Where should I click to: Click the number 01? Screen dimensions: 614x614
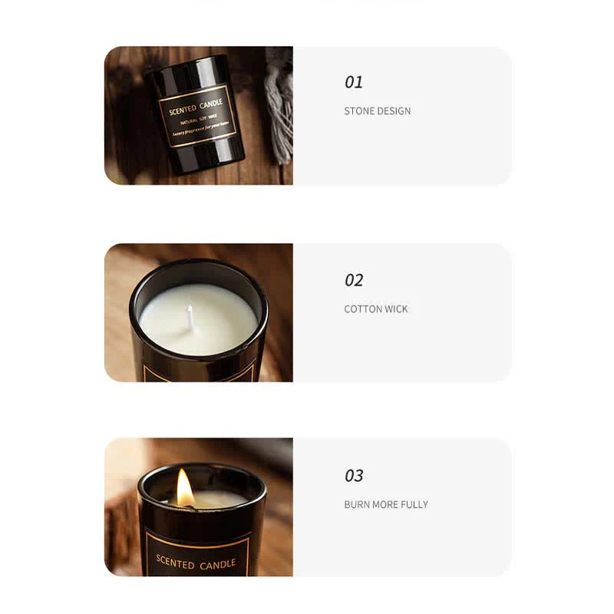(x=354, y=82)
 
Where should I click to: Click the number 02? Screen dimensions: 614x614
(x=354, y=280)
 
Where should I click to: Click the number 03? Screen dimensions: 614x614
(x=354, y=476)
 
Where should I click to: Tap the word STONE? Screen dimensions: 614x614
(x=359, y=111)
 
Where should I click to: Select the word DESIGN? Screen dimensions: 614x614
(x=394, y=111)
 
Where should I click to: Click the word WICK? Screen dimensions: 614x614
(x=398, y=309)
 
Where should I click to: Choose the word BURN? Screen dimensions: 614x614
(x=357, y=505)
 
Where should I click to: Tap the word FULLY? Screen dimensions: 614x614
(x=414, y=505)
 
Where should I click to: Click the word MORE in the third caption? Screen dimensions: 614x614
(x=385, y=505)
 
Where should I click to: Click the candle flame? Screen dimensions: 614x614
(x=185, y=488)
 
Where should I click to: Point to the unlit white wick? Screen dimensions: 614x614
(x=190, y=317)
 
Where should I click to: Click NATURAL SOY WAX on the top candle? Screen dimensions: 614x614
(x=197, y=121)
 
